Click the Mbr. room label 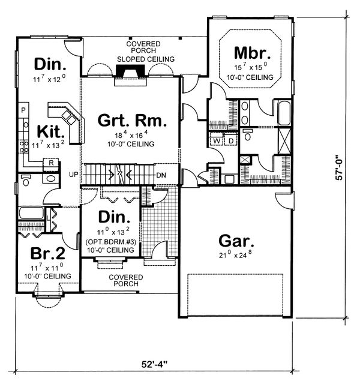pyautogui.click(x=259, y=52)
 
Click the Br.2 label pyautogui.click(x=41, y=252)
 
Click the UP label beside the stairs pyautogui.click(x=73, y=175)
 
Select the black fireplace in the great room pyautogui.click(x=128, y=73)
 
